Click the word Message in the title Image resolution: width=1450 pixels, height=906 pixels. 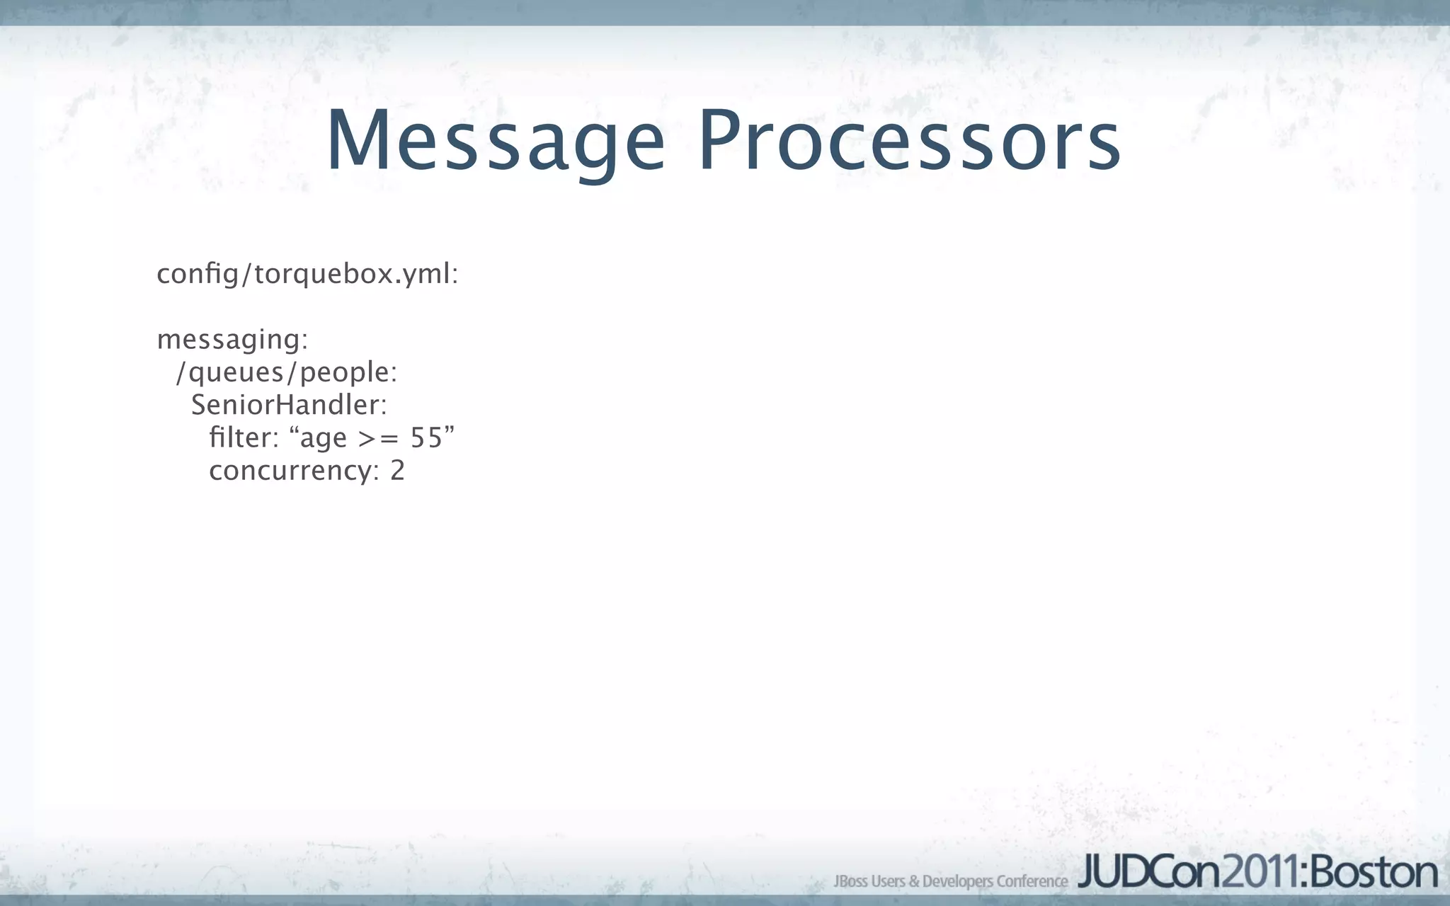[495, 142]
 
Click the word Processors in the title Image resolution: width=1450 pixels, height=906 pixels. [909, 142]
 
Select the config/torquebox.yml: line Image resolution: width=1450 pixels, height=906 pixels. [307, 274]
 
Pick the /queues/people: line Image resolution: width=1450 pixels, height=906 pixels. [287, 372]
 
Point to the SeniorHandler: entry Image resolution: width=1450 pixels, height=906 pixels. [289, 405]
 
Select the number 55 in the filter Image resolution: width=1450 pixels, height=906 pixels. [426, 438]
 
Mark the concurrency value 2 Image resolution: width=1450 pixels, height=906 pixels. [397, 471]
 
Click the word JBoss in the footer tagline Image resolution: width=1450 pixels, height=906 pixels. [850, 881]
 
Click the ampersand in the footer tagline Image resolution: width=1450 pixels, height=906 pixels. [914, 881]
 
